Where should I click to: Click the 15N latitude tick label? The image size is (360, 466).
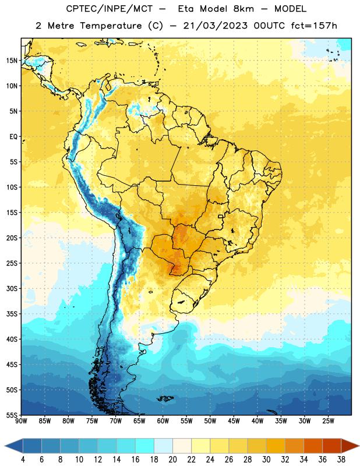pyautogui.click(x=12, y=61)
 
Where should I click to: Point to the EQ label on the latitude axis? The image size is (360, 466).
pyautogui.click(x=13, y=137)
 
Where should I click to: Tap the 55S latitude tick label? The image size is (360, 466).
pyautogui.click(x=12, y=415)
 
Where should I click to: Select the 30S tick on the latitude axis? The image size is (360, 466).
pyautogui.click(x=12, y=288)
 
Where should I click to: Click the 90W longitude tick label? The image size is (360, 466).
pyautogui.click(x=22, y=421)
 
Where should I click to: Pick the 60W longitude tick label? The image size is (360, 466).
pyautogui.click(x=163, y=421)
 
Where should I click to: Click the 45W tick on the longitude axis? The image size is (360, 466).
pyautogui.click(x=234, y=421)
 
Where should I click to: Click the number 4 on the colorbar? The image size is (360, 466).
pyautogui.click(x=23, y=460)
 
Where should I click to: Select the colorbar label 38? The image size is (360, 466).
pyautogui.click(x=341, y=460)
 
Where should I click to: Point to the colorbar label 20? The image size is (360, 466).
pyautogui.click(x=172, y=460)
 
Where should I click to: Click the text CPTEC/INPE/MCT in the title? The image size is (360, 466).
pyautogui.click(x=109, y=9)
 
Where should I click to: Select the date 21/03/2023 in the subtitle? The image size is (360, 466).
pyautogui.click(x=215, y=26)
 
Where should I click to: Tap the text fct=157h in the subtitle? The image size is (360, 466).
pyautogui.click(x=314, y=26)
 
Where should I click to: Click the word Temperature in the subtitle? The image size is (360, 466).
pyautogui.click(x=111, y=26)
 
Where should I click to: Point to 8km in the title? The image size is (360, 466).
pyautogui.click(x=243, y=9)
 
